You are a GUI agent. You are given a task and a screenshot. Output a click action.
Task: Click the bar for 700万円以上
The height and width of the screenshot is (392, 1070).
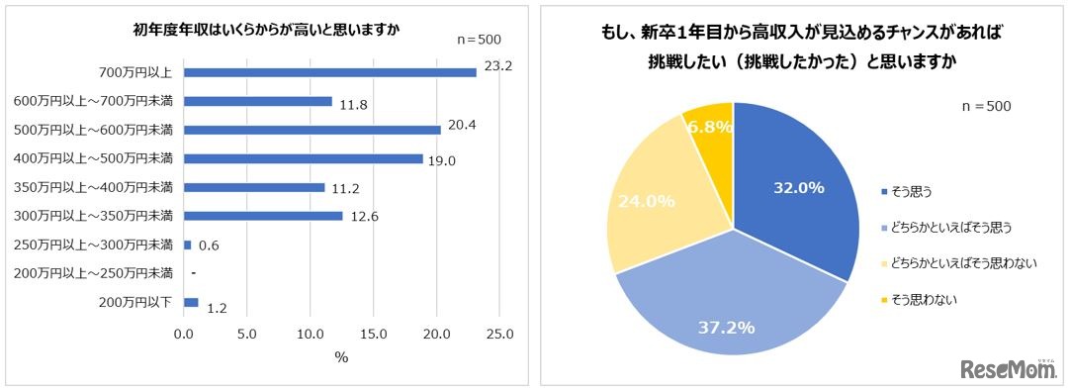pos(329,72)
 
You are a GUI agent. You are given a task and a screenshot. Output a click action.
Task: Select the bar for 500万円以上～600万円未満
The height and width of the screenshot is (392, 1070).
pos(312,130)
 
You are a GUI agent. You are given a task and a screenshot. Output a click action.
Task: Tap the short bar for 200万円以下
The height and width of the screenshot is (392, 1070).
pos(191,302)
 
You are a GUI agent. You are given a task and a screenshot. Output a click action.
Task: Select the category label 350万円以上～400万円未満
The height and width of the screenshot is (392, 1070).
pos(94,187)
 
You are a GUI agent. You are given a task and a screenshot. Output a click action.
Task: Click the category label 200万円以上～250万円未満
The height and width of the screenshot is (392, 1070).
pos(94,273)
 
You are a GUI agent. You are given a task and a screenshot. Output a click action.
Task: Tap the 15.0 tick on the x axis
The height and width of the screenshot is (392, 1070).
pos(374,336)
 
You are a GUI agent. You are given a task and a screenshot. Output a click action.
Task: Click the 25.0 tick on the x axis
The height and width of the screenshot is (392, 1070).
pos(500,336)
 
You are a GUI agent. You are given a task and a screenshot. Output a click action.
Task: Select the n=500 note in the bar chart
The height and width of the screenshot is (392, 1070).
pos(479,40)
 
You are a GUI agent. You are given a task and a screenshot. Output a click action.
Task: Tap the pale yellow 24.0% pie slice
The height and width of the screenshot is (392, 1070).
pos(653,208)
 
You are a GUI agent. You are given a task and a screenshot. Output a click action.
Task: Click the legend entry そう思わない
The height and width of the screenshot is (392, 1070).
pos(926,298)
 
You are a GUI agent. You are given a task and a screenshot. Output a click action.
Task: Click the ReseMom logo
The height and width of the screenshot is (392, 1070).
pos(1010,368)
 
